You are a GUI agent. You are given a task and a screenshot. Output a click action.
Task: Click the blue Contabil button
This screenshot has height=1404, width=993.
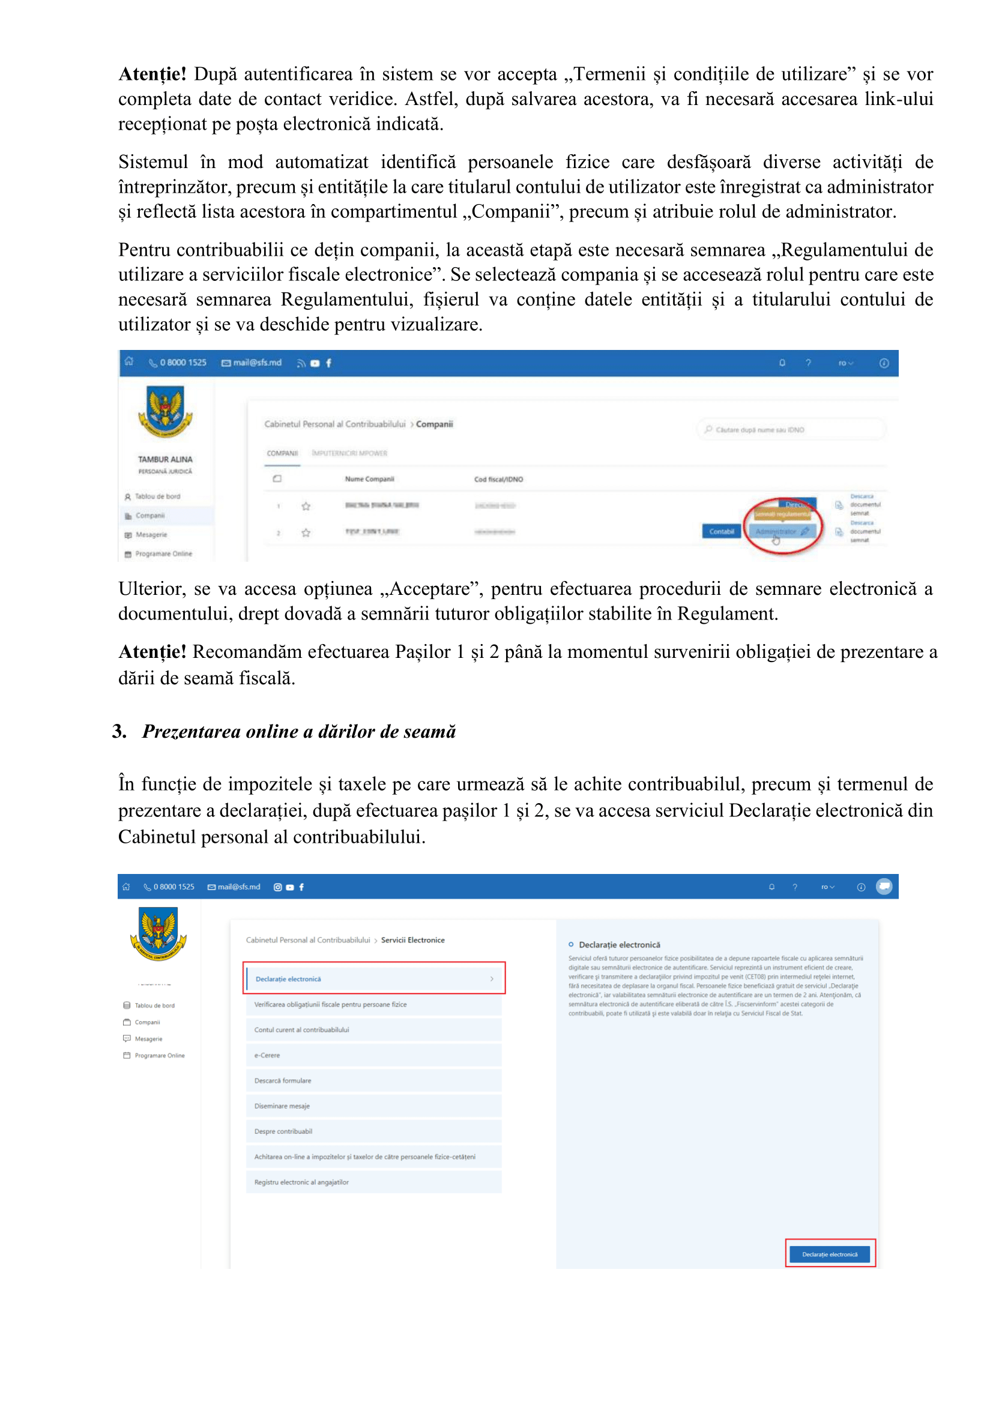coord(722,531)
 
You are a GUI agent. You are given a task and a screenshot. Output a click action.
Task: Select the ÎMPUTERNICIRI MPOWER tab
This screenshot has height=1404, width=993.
coord(349,453)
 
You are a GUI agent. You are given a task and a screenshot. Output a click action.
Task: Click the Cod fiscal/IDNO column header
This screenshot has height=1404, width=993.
coord(498,480)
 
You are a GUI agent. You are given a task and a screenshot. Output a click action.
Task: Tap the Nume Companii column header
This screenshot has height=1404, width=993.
coord(369,479)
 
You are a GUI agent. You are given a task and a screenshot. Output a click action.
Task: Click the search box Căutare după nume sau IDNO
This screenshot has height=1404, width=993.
coord(790,429)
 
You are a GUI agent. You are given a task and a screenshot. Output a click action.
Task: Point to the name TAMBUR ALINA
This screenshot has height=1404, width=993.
coord(165,459)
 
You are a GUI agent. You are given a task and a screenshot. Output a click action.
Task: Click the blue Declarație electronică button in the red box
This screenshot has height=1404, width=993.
coord(830,1254)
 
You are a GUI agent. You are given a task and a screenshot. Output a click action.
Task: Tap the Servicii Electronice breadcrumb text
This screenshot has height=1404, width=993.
coord(412,940)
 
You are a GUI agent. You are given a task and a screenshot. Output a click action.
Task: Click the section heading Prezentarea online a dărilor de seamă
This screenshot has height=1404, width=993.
coord(298,731)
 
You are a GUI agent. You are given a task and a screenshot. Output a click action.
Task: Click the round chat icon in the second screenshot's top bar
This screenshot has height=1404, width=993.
coord(884,886)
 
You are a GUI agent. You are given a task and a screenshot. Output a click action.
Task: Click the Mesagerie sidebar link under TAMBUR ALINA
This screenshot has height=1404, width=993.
coord(151,534)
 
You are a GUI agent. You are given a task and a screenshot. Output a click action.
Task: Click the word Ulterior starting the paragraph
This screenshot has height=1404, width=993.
coord(153,589)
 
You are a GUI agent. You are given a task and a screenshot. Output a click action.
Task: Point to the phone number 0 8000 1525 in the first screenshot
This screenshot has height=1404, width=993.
coord(183,363)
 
